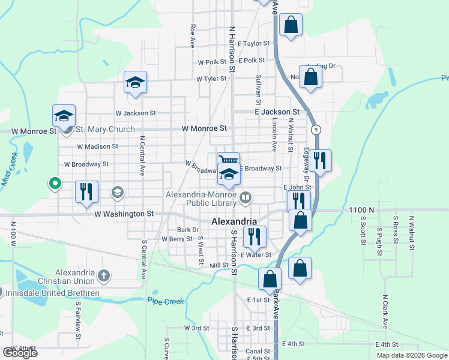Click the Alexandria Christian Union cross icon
tap(104, 276)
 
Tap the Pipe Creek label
tap(166, 301)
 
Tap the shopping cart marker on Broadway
tap(228, 161)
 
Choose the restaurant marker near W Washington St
tap(86, 191)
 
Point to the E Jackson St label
tap(277, 112)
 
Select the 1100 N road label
tap(361, 210)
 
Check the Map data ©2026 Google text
tap(411, 355)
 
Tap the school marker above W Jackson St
tap(135, 82)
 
